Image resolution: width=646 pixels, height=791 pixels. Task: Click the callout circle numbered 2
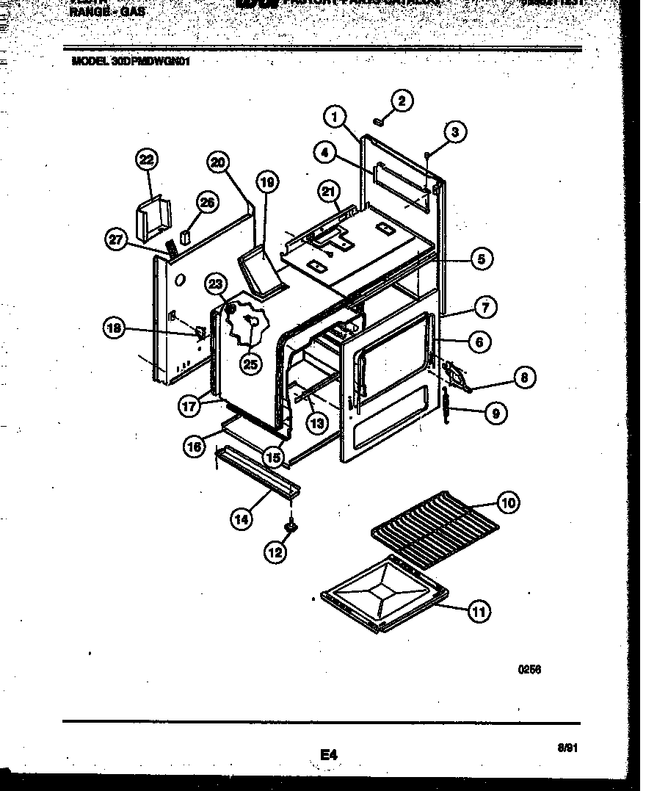coord(402,101)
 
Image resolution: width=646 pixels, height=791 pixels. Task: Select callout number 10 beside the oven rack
coord(508,503)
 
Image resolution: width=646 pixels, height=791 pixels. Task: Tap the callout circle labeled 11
coord(479,611)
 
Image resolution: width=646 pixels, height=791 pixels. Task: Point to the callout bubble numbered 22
coord(147,159)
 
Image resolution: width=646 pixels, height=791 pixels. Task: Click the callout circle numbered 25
coord(251,364)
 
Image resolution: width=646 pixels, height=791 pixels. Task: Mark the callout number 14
coord(242,519)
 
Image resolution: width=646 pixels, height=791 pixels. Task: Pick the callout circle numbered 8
coord(523,378)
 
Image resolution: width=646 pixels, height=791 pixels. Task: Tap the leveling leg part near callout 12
coord(291,526)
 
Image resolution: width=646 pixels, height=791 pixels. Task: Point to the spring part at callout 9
coord(446,405)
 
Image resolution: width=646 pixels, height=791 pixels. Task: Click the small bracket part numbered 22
coord(155,219)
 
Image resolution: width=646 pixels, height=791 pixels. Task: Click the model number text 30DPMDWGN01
coord(131,63)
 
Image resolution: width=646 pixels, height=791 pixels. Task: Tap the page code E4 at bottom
coord(327,754)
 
